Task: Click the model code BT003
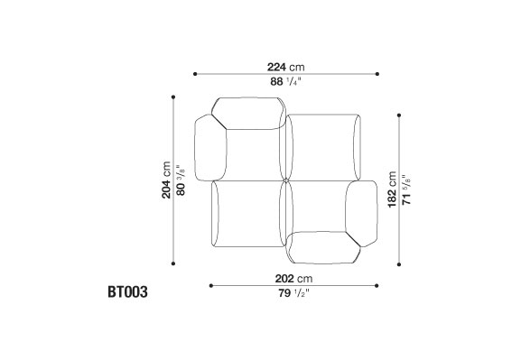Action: click(127, 292)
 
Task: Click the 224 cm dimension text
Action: click(285, 67)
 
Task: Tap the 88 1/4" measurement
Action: click(285, 81)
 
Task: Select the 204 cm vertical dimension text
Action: click(166, 180)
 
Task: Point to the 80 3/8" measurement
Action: click(181, 180)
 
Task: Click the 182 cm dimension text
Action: click(392, 189)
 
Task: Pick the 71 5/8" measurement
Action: click(406, 189)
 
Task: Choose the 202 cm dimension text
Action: click(293, 279)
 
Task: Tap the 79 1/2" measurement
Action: click(293, 293)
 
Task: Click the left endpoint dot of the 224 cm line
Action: click(195, 74)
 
